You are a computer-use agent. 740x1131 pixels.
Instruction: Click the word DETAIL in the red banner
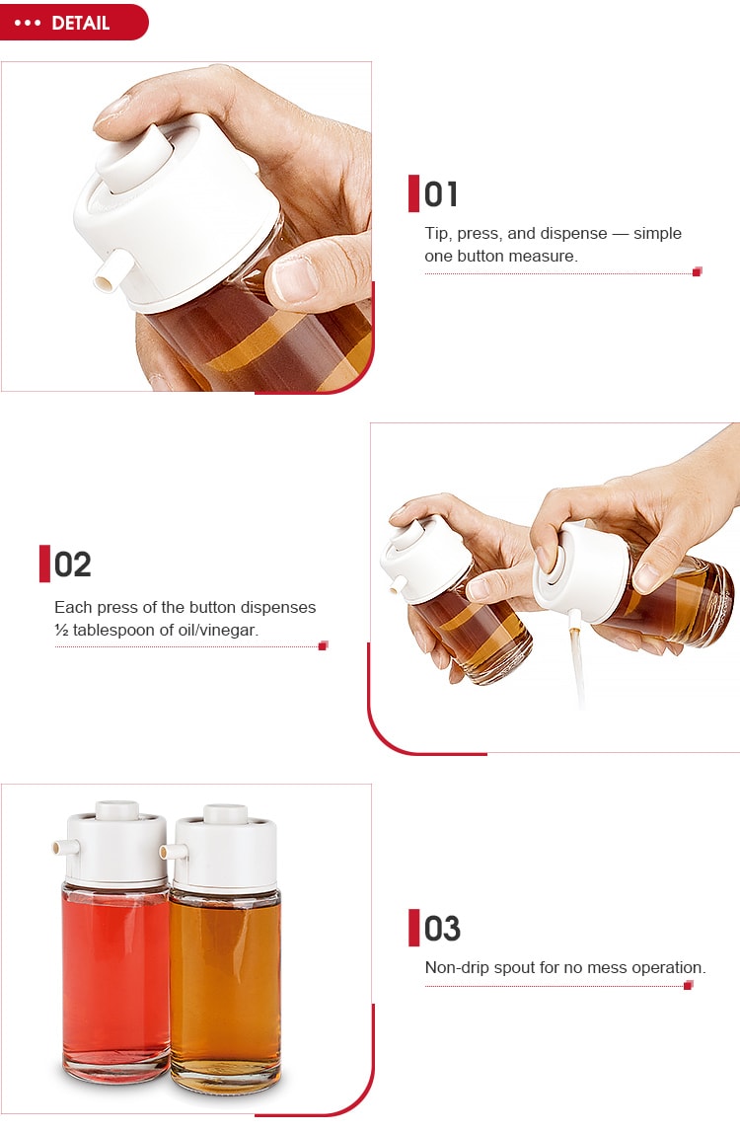(80, 23)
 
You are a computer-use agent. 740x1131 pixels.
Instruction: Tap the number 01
(441, 194)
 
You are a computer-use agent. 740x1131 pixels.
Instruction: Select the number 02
(72, 565)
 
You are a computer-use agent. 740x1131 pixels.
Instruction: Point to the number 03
(442, 929)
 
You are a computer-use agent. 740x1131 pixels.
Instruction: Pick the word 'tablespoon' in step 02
(119, 629)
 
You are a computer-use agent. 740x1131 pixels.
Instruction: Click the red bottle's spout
(60, 848)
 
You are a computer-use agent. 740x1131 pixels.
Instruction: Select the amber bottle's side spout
(171, 850)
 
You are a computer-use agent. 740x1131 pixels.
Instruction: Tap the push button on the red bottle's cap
(115, 810)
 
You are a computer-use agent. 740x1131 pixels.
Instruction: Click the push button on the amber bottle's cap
(224, 813)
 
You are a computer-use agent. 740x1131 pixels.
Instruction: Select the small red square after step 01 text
(697, 271)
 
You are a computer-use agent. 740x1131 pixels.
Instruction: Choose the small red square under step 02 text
(323, 645)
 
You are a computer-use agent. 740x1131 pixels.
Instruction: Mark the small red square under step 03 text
(688, 985)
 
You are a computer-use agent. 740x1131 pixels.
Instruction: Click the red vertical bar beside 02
(44, 564)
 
